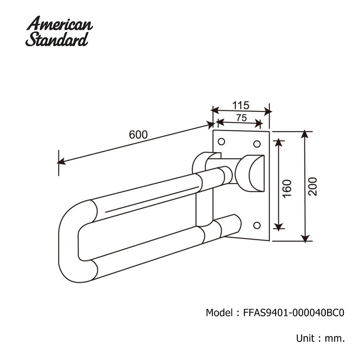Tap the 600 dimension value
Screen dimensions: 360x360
coord(138,134)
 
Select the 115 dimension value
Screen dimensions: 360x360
coord(240,105)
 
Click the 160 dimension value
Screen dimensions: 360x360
coord(287,187)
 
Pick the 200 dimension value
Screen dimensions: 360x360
coord(313,186)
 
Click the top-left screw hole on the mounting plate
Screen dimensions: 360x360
coord(221,141)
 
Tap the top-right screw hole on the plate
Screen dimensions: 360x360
coord(257,144)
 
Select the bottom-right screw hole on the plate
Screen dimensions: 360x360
coord(257,225)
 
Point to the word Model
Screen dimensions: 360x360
coord(219,312)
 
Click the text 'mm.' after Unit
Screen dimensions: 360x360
coord(335,338)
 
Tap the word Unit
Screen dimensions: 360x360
coord(304,338)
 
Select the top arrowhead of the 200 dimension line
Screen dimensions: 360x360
coord(305,134)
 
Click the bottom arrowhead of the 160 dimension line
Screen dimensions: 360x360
coord(278,226)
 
